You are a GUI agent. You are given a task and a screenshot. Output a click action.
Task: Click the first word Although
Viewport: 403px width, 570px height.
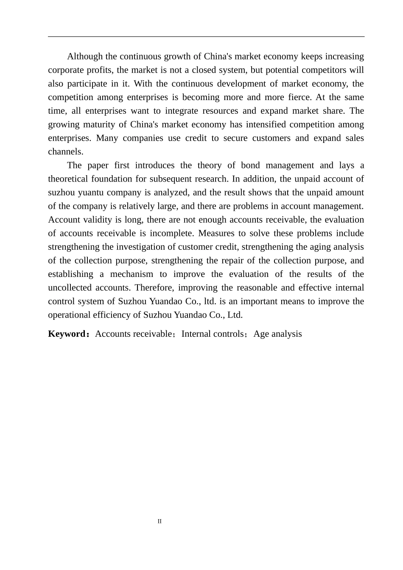[x=85, y=56]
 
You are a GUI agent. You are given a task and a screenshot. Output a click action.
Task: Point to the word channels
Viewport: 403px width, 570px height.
[x=65, y=151]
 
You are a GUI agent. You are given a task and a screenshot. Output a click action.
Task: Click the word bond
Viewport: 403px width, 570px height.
[x=250, y=165]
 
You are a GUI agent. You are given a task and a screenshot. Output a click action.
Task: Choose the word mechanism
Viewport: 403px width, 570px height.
[x=132, y=274]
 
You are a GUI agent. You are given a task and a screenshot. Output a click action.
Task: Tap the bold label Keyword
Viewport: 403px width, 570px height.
[x=67, y=334]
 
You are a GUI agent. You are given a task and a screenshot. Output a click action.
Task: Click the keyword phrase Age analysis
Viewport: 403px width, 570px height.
[x=278, y=334]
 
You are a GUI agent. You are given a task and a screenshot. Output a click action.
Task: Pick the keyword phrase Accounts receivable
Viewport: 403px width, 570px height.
[x=133, y=334]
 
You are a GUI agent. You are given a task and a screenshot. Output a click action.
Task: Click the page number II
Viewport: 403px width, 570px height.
[x=160, y=521]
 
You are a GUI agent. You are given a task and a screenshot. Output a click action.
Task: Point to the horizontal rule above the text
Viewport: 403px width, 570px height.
[x=206, y=37]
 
